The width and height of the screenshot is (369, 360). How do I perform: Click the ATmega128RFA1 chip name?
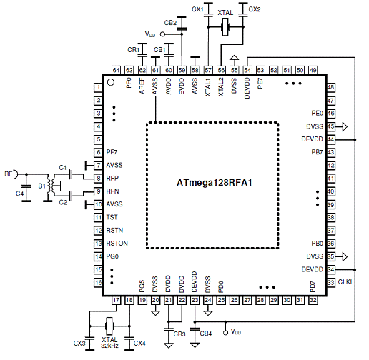(x=214, y=183)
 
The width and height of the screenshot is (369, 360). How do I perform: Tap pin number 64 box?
(x=116, y=70)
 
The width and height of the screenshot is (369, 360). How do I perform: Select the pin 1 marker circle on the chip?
(x=111, y=82)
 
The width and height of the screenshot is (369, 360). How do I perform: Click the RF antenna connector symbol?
(x=16, y=174)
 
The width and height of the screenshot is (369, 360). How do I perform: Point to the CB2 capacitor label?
(x=170, y=23)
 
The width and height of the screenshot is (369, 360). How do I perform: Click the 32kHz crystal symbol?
(x=109, y=326)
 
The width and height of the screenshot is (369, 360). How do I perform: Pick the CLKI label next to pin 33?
(x=345, y=282)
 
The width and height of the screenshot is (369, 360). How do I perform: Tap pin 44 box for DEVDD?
(x=330, y=139)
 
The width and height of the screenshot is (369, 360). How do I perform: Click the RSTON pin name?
(x=117, y=244)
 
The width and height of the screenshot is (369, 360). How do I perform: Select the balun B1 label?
(x=41, y=186)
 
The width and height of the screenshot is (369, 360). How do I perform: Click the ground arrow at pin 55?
(x=235, y=58)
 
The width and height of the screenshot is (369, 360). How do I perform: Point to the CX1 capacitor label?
(x=197, y=9)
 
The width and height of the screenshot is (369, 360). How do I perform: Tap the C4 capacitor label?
(x=19, y=194)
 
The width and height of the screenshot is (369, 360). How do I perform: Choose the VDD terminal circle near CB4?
(x=225, y=332)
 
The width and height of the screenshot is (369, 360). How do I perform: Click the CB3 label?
(x=179, y=334)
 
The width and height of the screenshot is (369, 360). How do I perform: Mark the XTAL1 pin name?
(x=208, y=87)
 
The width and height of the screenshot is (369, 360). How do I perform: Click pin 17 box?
(x=116, y=300)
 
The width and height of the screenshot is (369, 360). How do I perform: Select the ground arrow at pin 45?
(x=345, y=126)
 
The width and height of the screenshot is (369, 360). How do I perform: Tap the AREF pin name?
(x=142, y=86)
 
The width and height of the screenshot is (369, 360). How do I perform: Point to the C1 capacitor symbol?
(x=71, y=174)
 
